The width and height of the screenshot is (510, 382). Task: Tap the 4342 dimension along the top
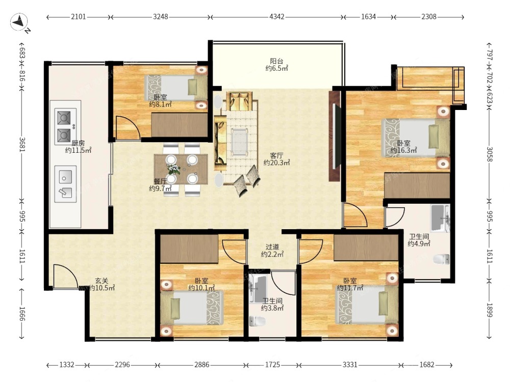tap(277, 17)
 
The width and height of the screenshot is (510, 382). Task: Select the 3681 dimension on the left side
tap(22, 144)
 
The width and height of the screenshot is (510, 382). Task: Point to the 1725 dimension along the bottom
tap(272, 365)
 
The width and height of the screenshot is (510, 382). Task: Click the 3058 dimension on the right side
tap(490, 154)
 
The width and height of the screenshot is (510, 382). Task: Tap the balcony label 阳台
tap(276, 61)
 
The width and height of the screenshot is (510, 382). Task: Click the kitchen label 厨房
tap(78, 143)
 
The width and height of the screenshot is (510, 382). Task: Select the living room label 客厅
tap(276, 155)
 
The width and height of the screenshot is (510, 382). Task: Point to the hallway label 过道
tap(272, 247)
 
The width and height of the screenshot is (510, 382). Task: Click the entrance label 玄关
tap(101, 281)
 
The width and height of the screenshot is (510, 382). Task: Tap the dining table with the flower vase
tap(181, 169)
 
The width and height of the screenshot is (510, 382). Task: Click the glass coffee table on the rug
tap(240, 142)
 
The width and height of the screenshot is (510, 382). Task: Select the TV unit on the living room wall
tap(335, 136)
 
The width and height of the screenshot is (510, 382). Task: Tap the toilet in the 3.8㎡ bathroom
tap(257, 321)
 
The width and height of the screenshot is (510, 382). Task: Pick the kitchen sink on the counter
tap(65, 184)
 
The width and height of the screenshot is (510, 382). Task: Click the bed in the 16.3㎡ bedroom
tap(416, 138)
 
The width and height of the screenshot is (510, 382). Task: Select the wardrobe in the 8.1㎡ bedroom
tap(180, 125)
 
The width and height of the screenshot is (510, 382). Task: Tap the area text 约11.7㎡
tap(350, 288)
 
